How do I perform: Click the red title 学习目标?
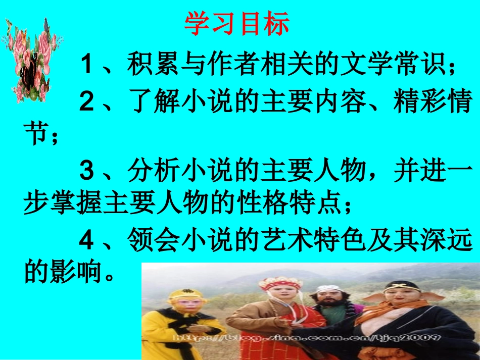click(236, 24)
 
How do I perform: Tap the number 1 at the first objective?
click(86, 66)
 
